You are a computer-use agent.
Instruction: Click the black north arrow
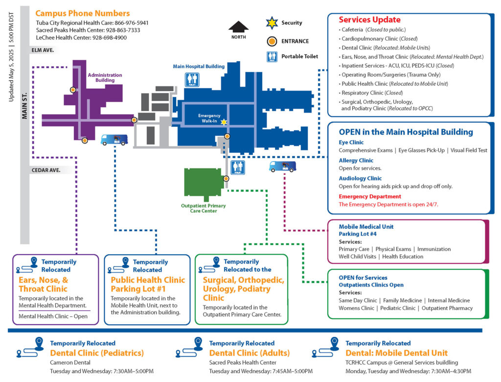tap(238, 27)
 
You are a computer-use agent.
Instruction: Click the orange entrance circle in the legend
tap(271, 41)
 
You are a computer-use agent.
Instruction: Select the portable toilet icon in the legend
tap(272, 57)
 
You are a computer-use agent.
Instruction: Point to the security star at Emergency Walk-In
tap(224, 121)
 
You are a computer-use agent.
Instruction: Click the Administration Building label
tap(105, 77)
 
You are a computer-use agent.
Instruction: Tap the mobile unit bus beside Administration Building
tap(114, 140)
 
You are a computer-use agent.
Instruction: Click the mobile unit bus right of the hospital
tap(282, 167)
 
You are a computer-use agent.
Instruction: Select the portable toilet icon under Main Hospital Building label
tap(192, 80)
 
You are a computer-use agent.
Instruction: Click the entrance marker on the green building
tap(226, 179)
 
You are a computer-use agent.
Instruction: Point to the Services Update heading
tap(369, 20)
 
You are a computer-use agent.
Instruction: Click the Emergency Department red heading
tap(370, 196)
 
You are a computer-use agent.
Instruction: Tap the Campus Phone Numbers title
tap(83, 13)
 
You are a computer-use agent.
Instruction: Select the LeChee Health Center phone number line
tap(81, 38)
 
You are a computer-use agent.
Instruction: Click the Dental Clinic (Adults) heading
tap(249, 353)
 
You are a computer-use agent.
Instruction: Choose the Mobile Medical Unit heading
tap(366, 227)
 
